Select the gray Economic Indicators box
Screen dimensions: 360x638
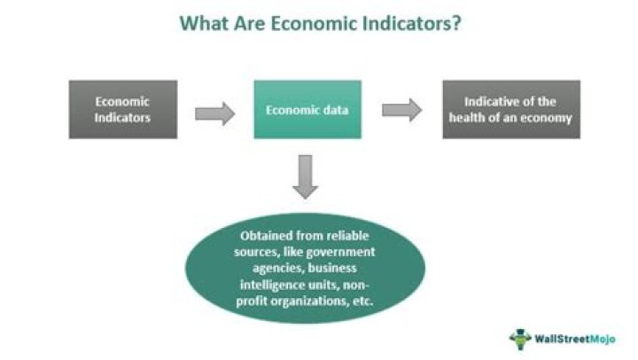123,109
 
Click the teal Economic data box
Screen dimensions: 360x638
308,110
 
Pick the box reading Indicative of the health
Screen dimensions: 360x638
511,109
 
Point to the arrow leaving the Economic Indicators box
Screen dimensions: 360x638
214,112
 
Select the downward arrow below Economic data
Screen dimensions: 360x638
307,175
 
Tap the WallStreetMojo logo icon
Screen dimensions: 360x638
519,338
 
